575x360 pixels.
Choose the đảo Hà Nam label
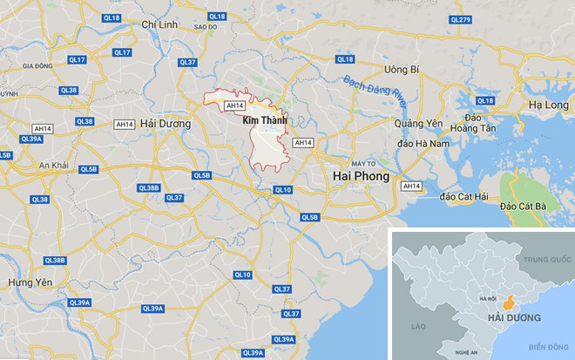point(422,143)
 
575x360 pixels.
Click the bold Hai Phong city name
point(362,176)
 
